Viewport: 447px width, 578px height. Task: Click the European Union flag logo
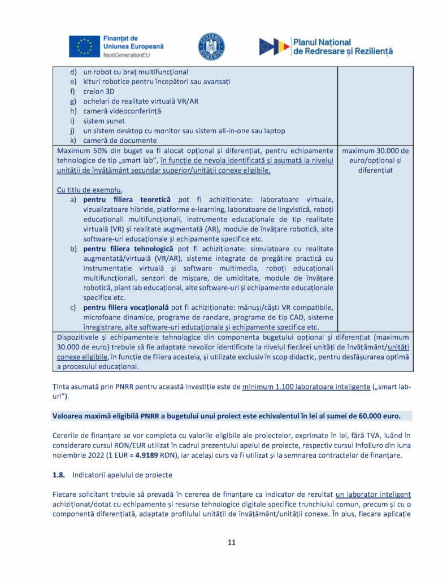[84, 46]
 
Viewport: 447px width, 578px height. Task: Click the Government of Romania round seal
[211, 46]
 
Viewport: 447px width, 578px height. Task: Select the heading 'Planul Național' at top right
[322, 42]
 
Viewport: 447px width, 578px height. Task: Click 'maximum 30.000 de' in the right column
[375, 151]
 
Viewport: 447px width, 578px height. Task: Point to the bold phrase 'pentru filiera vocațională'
[126, 307]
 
